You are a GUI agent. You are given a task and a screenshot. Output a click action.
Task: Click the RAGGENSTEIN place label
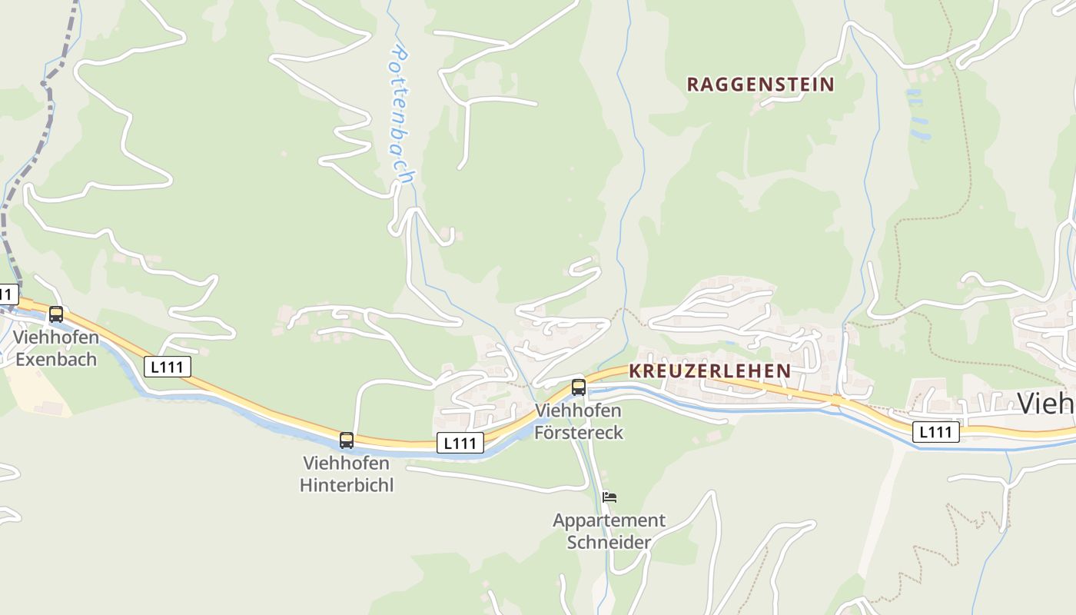pyautogui.click(x=759, y=85)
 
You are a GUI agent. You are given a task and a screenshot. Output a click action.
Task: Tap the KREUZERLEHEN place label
pyautogui.click(x=709, y=371)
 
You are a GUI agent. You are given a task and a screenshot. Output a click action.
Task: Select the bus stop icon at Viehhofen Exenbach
pyautogui.click(x=56, y=314)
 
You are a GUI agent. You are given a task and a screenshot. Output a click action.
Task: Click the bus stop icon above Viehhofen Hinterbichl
pyautogui.click(x=347, y=440)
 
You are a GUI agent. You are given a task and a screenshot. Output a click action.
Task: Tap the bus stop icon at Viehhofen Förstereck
pyautogui.click(x=579, y=387)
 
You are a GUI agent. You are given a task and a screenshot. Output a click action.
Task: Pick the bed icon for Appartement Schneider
pyautogui.click(x=609, y=497)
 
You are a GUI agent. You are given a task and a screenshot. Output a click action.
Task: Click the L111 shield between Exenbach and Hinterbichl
pyautogui.click(x=167, y=367)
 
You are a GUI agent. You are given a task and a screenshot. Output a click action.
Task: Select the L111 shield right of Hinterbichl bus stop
pyautogui.click(x=460, y=443)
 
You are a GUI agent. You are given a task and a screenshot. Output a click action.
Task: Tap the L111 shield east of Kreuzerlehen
pyautogui.click(x=936, y=432)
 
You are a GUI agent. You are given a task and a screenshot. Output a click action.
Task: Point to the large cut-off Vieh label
pyautogui.click(x=1046, y=403)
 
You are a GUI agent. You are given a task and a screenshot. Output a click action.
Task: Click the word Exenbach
pyautogui.click(x=56, y=359)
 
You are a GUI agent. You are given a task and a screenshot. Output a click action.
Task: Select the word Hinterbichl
pyautogui.click(x=347, y=485)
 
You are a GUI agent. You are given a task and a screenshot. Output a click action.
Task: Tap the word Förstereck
pyautogui.click(x=580, y=432)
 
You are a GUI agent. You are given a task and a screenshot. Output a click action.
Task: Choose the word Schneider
pyautogui.click(x=609, y=542)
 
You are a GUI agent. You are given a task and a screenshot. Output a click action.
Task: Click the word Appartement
pyautogui.click(x=609, y=520)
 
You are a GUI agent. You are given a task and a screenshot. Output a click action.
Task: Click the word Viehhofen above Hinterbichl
pyautogui.click(x=347, y=464)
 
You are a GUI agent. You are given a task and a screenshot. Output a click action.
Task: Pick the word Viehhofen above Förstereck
pyautogui.click(x=578, y=411)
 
